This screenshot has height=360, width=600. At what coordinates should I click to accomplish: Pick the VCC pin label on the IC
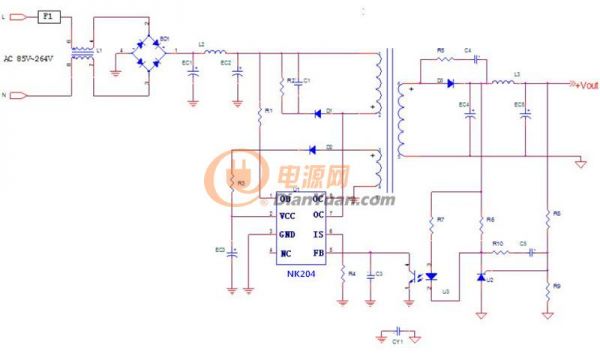tap(287, 215)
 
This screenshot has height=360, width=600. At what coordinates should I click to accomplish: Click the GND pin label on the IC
tap(287, 235)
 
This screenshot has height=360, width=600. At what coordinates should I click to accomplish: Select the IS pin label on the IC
tap(317, 235)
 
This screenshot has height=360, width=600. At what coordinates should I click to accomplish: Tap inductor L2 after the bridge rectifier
tap(213, 50)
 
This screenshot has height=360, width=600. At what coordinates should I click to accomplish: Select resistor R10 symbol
tap(497, 252)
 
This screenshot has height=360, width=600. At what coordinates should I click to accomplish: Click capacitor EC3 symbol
tap(232, 252)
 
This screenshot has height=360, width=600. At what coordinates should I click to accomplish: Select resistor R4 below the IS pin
tap(343, 274)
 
